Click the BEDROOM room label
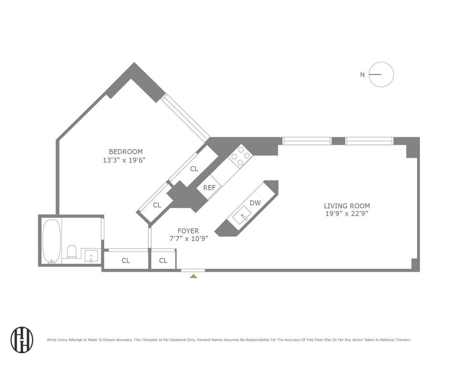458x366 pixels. tap(125, 152)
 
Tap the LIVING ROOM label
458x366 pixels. tap(347, 206)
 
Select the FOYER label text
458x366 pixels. tap(188, 231)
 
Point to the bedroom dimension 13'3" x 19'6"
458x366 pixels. tap(124, 160)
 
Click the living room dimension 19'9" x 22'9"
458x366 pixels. tap(346, 213)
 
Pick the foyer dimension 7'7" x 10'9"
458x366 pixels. tap(189, 238)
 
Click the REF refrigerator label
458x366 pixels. tap(209, 188)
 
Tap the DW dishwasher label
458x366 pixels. tap(255, 203)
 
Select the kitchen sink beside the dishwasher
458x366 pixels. tap(241, 216)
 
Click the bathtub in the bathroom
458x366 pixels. tap(52, 241)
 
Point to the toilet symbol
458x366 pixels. tap(72, 251)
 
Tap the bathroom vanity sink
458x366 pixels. tap(91, 255)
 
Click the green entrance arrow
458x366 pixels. tap(193, 276)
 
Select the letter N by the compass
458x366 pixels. tap(363, 74)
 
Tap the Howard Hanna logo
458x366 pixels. tap(22, 339)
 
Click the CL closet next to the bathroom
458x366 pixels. tap(126, 260)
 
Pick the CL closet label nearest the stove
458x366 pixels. tap(194, 169)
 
